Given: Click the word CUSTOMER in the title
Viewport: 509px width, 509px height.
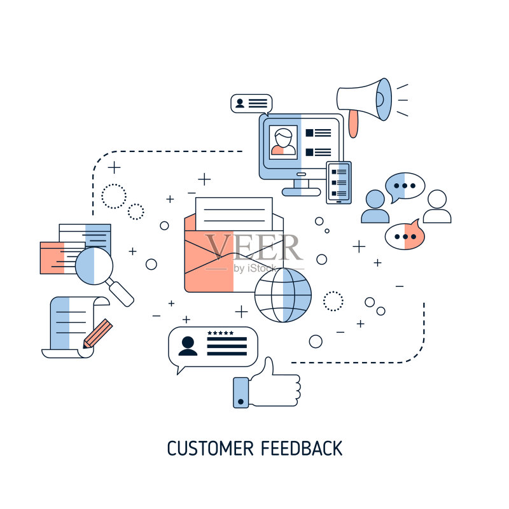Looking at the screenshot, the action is click(x=210, y=449).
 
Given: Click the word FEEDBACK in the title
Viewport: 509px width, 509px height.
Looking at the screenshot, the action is click(x=302, y=449).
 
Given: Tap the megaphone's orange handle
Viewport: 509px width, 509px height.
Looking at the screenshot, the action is click(x=353, y=123).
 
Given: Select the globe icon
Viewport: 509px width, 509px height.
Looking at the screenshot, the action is click(x=282, y=295).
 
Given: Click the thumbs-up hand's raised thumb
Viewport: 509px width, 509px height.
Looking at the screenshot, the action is click(x=268, y=366).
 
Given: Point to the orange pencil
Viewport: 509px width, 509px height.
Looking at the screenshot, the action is click(x=97, y=333).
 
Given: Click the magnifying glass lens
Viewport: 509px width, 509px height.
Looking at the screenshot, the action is click(x=94, y=266).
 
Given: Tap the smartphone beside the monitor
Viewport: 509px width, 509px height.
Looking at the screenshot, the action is click(x=339, y=183).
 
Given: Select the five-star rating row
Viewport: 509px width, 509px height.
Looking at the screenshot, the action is click(x=220, y=333).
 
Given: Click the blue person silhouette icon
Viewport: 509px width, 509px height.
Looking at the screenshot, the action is click(x=375, y=206).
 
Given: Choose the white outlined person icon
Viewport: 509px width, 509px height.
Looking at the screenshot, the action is click(x=437, y=206).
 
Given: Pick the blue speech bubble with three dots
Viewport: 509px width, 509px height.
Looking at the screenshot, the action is click(x=405, y=186).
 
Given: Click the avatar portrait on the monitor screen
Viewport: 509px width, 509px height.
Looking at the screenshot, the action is click(x=283, y=142).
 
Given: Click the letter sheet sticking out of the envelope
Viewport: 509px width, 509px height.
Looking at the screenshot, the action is click(x=234, y=214).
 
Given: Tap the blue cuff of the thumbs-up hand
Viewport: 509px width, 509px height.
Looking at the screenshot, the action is click(x=241, y=393).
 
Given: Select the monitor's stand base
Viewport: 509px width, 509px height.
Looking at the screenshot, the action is click(x=301, y=192).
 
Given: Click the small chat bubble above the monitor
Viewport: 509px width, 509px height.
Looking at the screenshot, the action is click(x=251, y=104).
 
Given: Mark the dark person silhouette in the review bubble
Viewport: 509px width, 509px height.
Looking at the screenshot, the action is click(x=188, y=346).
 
